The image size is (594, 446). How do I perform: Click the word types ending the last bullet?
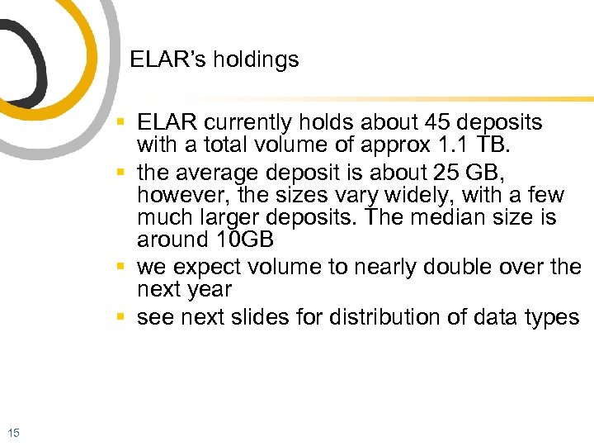tap(553, 318)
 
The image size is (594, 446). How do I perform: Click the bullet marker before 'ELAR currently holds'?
tap(121, 122)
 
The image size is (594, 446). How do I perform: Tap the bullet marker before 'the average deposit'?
tap(121, 173)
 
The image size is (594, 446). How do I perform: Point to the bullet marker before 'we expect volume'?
tap(121, 268)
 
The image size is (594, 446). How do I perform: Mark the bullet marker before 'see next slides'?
tap(121, 317)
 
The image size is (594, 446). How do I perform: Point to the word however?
tap(177, 196)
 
